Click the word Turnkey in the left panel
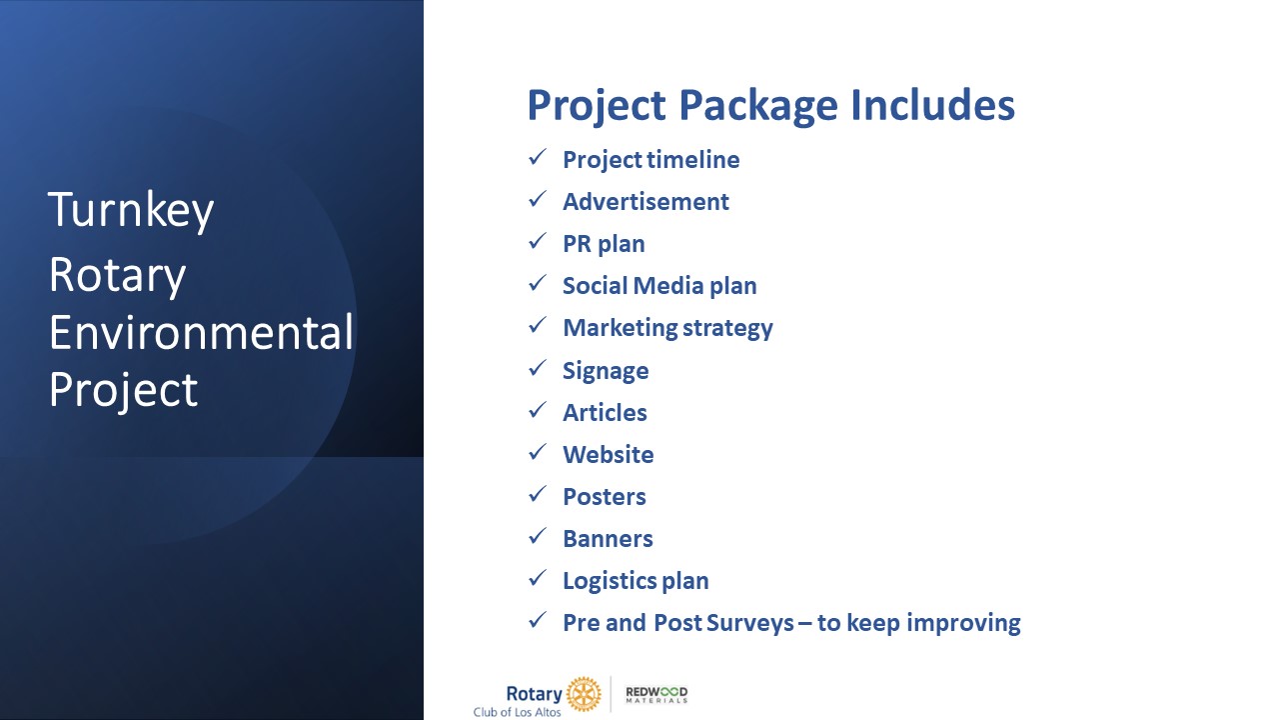[131, 210]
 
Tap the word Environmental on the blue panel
[201, 332]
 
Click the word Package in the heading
[758, 106]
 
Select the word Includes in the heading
[932, 105]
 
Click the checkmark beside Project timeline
[538, 157]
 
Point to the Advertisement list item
[645, 202]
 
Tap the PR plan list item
[604, 244]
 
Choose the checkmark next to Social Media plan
[538, 283]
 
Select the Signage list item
[606, 371]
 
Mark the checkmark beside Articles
[538, 410]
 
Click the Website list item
[609, 455]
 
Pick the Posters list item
[605, 497]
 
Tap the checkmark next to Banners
[538, 536]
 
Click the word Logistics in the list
[609, 581]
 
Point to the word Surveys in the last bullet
[749, 623]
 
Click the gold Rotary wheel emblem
[584, 694]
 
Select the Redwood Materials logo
[656, 694]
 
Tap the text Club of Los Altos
[517, 712]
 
